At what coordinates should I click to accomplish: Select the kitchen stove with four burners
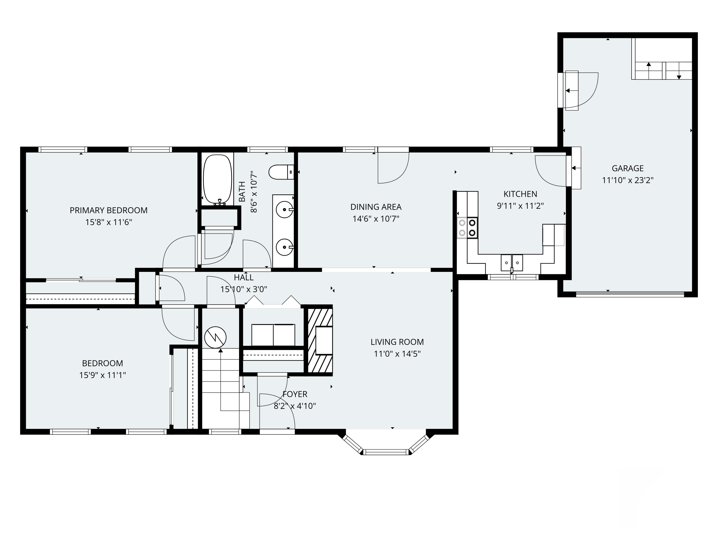(x=467, y=228)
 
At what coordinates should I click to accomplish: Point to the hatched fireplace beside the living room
(x=320, y=340)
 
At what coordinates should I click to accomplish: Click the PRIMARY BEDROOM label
(x=108, y=210)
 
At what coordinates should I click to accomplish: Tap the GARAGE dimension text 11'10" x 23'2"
(x=628, y=180)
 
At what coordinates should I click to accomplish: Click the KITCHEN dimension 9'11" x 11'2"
(x=520, y=206)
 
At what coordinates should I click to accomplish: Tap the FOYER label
(x=295, y=394)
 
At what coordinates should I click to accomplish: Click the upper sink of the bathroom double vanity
(x=284, y=210)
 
